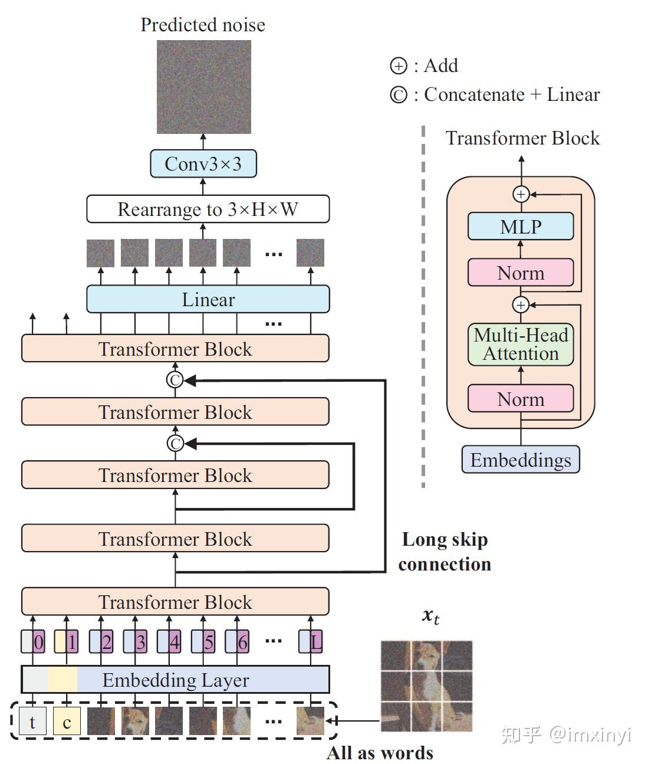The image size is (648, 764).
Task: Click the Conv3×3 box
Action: click(203, 163)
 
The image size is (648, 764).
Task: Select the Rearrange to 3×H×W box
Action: click(208, 209)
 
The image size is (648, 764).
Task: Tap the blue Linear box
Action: click(208, 299)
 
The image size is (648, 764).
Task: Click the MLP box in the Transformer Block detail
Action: click(520, 227)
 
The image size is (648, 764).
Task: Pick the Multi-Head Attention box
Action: click(520, 345)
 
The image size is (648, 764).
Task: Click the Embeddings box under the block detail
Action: click(520, 460)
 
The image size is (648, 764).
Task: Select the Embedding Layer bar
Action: click(175, 680)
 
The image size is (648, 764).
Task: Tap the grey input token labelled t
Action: click(32, 722)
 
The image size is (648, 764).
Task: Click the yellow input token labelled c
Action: click(67, 722)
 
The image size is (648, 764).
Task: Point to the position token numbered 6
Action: click(242, 642)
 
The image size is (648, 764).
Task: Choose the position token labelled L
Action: click(316, 642)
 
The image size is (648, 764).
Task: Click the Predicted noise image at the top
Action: click(203, 87)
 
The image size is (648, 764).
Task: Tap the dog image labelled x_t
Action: click(426, 686)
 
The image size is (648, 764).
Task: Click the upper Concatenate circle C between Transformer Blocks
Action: click(175, 380)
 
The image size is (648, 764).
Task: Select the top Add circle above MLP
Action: click(521, 194)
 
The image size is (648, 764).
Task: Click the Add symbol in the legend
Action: click(399, 66)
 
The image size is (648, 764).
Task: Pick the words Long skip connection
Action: click(445, 552)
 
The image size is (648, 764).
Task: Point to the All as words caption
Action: click(380, 753)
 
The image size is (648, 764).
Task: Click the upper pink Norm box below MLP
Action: click(520, 273)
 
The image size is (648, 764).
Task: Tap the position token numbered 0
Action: click(38, 642)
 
